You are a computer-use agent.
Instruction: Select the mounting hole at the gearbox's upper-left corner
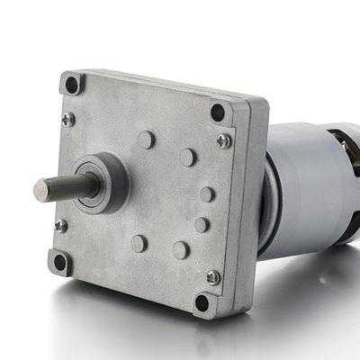72,84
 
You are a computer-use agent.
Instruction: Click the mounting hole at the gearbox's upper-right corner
217,112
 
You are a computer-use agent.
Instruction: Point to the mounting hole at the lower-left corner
60,262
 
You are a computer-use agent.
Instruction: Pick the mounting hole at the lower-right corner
202,302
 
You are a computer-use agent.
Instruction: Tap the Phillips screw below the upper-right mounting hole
223,140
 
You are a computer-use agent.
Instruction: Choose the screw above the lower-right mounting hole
212,277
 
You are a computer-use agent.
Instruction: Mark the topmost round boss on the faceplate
146,139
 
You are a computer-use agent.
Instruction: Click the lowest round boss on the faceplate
180,249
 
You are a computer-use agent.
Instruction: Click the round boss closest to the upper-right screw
187,157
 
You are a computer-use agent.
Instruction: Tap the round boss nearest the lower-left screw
139,243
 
